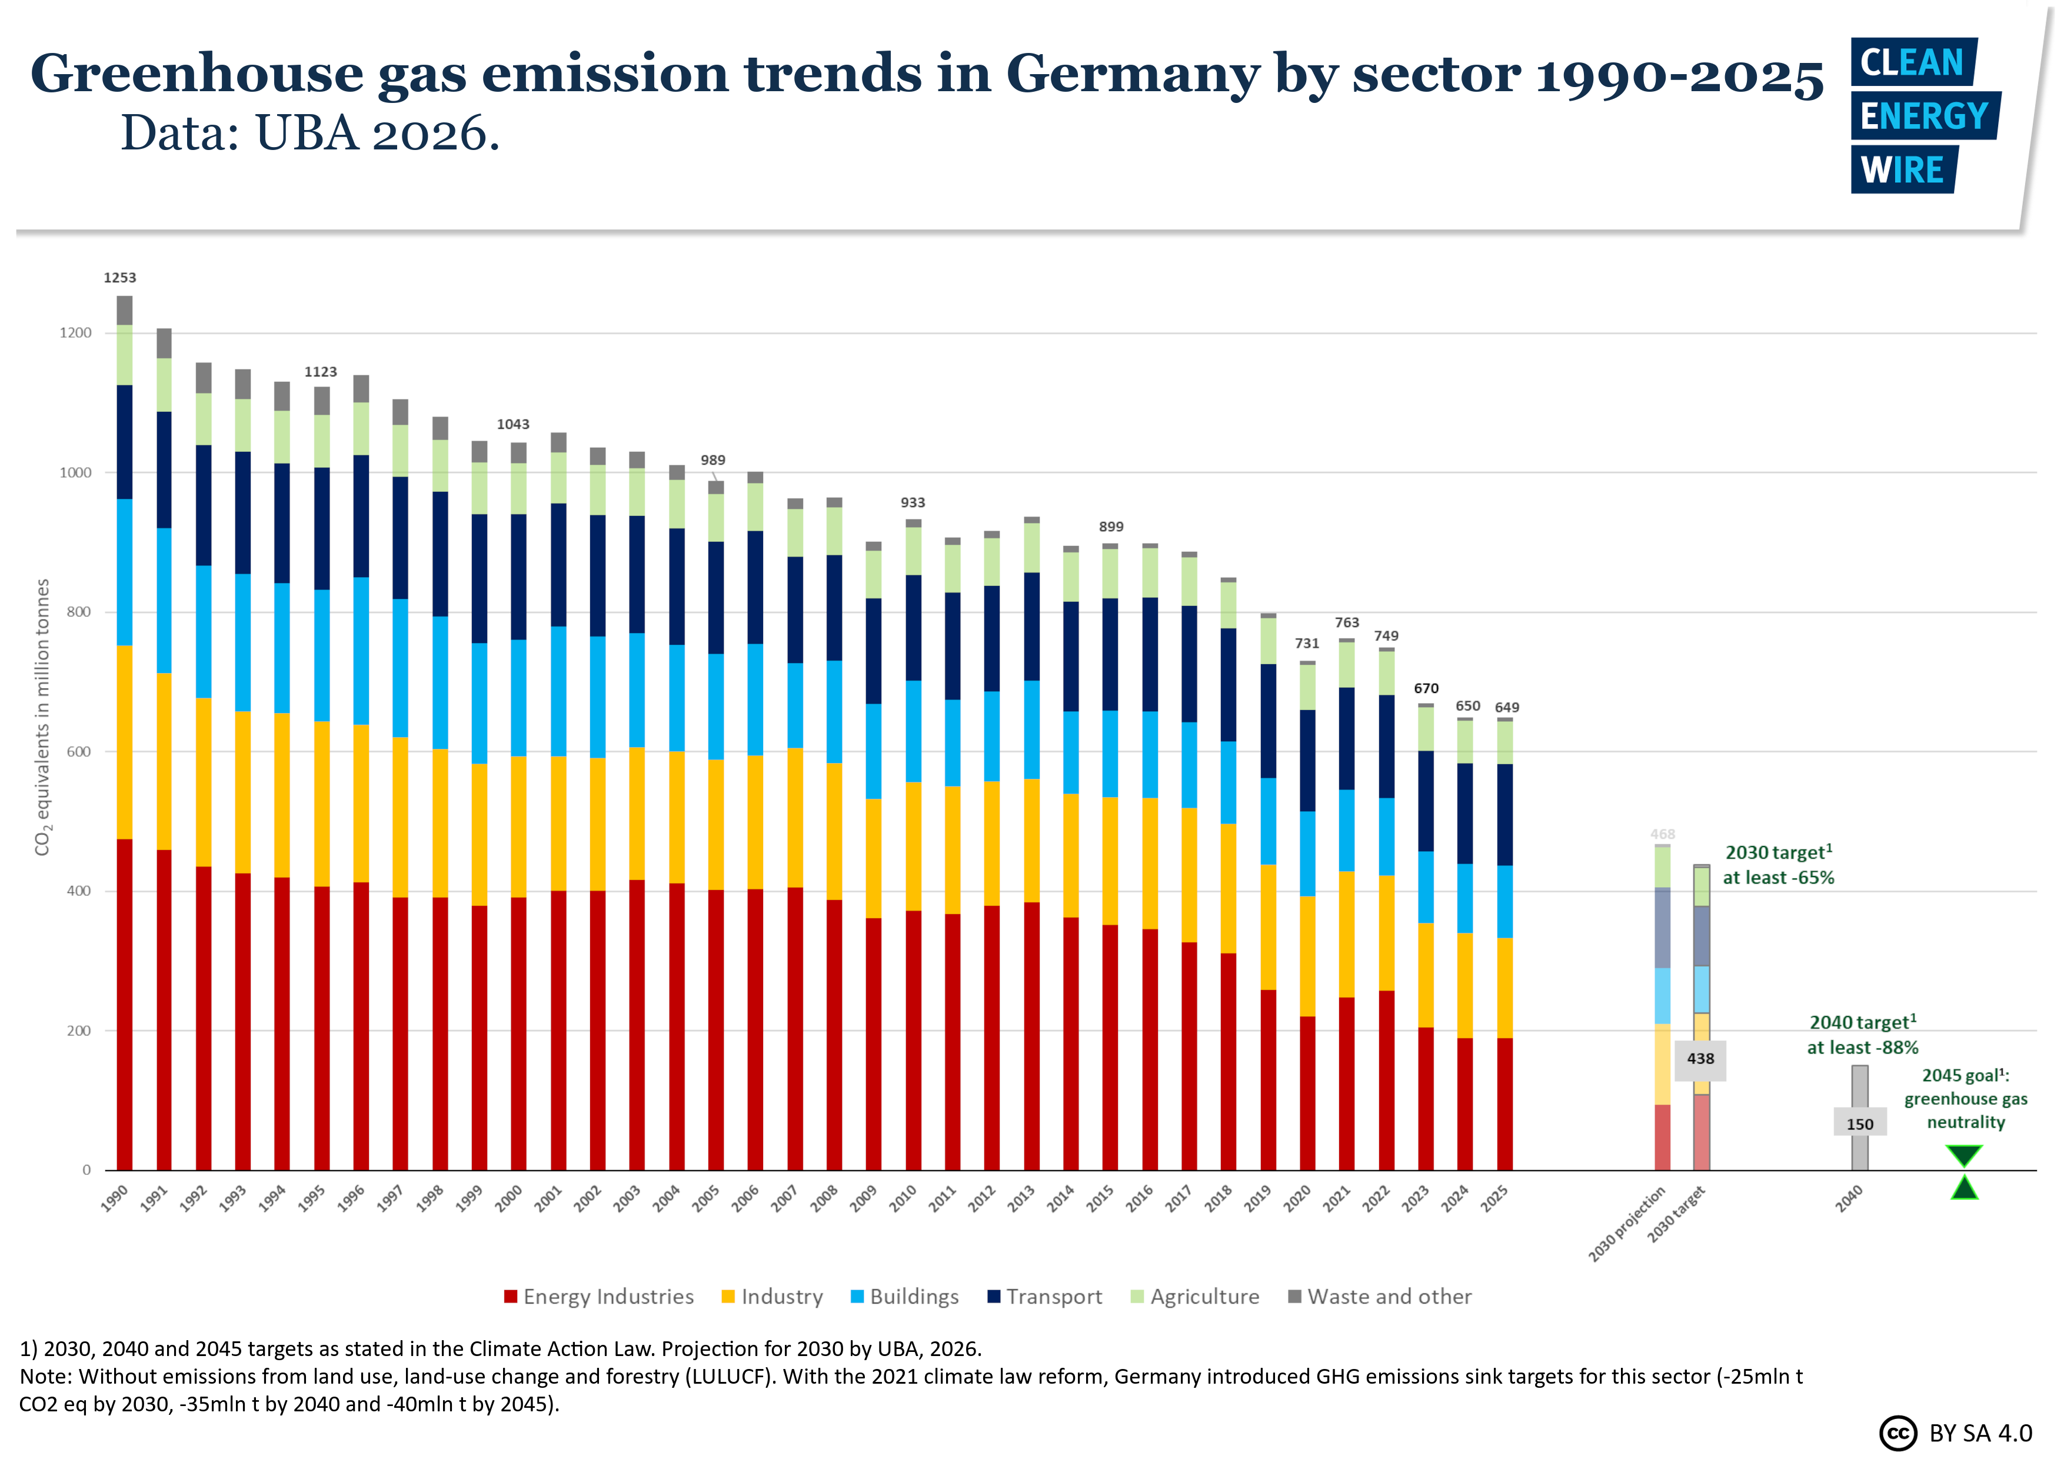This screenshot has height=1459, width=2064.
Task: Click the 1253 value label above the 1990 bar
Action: click(x=119, y=278)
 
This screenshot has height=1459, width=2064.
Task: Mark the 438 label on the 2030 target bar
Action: click(x=1700, y=1059)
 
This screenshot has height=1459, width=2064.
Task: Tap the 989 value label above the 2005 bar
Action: click(x=713, y=460)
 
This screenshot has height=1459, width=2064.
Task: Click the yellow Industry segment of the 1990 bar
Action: click(x=124, y=742)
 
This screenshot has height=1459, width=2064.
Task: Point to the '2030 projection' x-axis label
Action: click(x=1627, y=1224)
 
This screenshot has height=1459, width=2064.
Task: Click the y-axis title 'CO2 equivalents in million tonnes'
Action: click(x=42, y=717)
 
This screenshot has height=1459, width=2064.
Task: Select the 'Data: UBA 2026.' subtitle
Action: click(x=309, y=134)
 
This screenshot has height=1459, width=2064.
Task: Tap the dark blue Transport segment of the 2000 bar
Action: click(x=519, y=577)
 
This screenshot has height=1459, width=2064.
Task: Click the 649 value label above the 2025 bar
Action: click(x=1507, y=708)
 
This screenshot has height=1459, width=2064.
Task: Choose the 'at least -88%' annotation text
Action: click(x=1863, y=1047)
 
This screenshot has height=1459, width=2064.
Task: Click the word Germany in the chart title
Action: click(x=1133, y=74)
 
